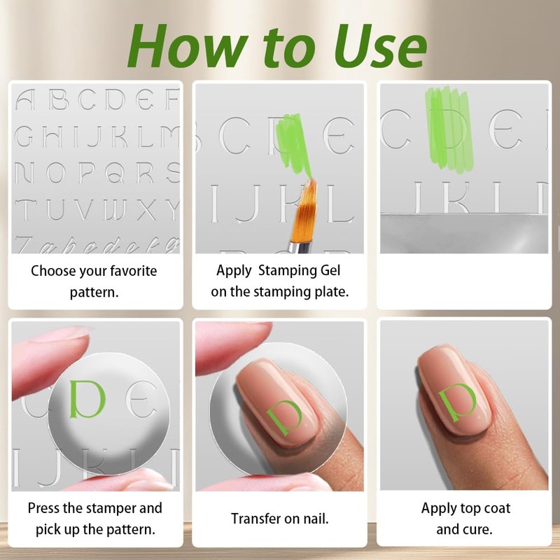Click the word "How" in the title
[x=188, y=46]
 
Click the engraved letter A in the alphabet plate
[x=25, y=99]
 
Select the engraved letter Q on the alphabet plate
[x=115, y=172]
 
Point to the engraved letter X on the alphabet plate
[x=146, y=209]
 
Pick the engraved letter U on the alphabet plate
[x=56, y=209]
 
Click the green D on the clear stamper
[x=87, y=399]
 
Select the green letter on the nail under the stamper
[x=285, y=416]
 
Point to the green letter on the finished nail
[x=458, y=402]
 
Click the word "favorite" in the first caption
[x=133, y=271]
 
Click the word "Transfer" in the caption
[x=256, y=519]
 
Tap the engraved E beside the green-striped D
[x=505, y=129]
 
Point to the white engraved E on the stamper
[x=143, y=399]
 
